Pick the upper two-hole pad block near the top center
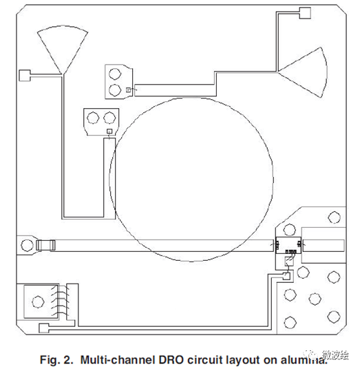pos(117,81)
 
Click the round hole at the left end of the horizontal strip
pos(27,243)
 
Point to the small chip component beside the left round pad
pos(45,244)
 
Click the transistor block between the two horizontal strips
pos(286,244)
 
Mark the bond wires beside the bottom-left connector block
pos(63,300)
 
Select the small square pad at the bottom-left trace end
pos(45,328)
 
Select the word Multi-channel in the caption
pos(111,358)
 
